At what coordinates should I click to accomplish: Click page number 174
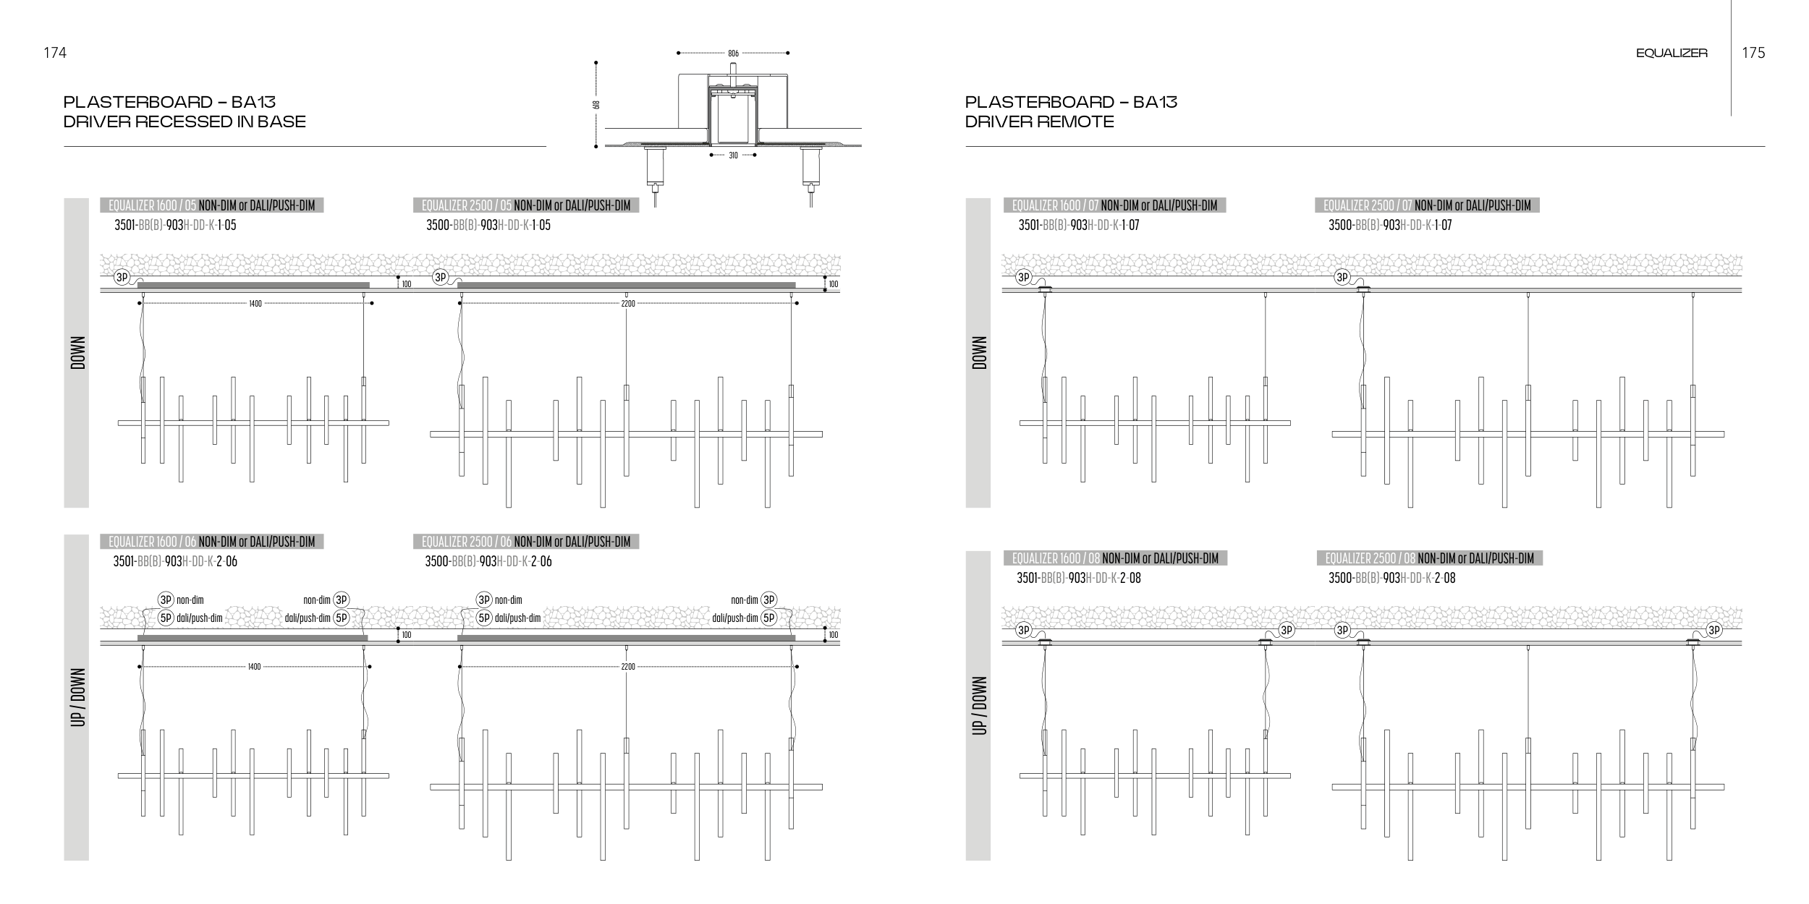pos(55,53)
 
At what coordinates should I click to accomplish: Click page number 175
pos(1753,53)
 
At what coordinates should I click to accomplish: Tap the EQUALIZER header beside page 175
pos(1671,53)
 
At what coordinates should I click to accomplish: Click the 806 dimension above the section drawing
pos(733,53)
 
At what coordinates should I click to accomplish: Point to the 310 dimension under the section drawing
pos(733,155)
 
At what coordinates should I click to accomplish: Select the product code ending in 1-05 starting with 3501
pos(175,226)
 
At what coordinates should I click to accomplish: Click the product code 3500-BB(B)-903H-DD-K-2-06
pos(488,562)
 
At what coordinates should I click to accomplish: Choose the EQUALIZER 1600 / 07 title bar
pos(1114,206)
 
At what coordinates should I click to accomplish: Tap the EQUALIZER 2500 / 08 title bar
pos(1429,558)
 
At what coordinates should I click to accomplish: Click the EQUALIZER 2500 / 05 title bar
pos(525,206)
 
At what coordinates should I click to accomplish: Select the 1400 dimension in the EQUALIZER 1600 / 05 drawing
pos(255,304)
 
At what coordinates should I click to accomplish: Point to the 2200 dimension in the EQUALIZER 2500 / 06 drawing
pos(627,667)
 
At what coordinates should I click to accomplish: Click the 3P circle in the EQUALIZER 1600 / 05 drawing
pos(122,277)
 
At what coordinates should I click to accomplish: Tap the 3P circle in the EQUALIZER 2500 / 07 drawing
pos(1342,277)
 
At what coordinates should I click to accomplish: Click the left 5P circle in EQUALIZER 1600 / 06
pos(166,618)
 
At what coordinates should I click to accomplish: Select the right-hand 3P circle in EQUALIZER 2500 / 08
pos(1714,631)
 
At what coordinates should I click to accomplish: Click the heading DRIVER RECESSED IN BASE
pos(185,121)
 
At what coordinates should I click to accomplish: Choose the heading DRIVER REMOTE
pos(1039,121)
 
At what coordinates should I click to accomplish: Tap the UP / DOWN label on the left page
pos(77,697)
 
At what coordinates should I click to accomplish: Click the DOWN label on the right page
pos(979,353)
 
